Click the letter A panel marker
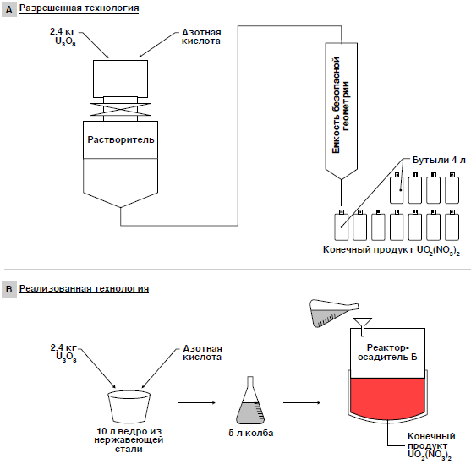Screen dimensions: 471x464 (9, 9)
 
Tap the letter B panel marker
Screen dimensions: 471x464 (9, 290)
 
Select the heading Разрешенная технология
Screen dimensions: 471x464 (79, 8)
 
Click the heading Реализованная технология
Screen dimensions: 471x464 (84, 288)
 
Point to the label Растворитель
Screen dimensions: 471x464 (121, 139)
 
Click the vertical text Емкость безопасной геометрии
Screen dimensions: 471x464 (341, 105)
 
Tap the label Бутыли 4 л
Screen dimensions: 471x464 (439, 160)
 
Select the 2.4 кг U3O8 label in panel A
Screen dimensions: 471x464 (63, 36)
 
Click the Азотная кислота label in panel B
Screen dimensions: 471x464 (202, 352)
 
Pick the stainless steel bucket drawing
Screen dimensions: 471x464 (129, 406)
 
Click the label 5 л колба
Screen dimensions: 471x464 (251, 433)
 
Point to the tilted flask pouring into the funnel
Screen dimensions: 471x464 (332, 313)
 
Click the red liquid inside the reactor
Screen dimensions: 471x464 (387, 398)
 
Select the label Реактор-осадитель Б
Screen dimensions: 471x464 (387, 352)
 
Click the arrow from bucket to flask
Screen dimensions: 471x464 (197, 403)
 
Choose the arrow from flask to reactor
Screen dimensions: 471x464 (302, 403)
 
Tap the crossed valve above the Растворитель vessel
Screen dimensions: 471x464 (120, 109)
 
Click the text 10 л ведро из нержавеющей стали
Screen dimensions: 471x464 (129, 440)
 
